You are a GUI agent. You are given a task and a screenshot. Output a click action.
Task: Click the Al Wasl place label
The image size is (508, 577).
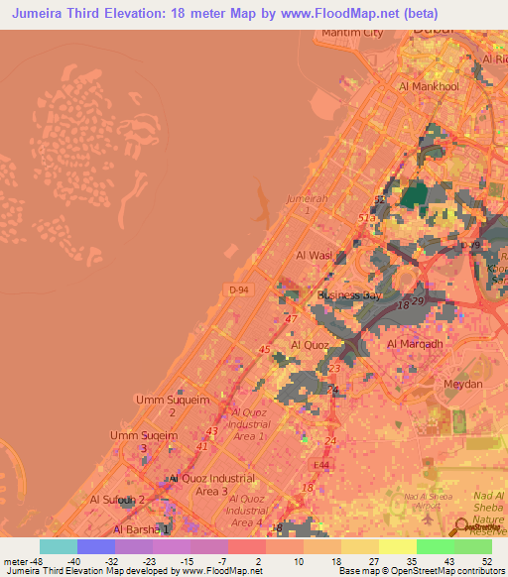coord(314,255)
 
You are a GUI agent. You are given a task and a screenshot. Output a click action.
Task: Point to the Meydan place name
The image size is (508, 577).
coord(462,384)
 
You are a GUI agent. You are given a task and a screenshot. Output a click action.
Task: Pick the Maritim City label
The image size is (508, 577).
coord(352,33)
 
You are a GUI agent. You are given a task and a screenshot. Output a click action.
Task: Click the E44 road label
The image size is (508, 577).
coord(320,465)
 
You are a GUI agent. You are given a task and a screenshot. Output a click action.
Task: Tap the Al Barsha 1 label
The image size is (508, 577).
coord(130,530)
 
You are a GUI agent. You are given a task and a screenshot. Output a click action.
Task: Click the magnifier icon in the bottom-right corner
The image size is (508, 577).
coord(461,526)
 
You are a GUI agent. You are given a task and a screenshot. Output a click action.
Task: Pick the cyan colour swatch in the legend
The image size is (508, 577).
coord(58,546)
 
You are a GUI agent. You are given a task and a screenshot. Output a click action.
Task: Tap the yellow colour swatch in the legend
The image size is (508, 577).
coord(397,546)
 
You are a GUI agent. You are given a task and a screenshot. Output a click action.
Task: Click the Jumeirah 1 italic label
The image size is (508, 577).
coord(305,204)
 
